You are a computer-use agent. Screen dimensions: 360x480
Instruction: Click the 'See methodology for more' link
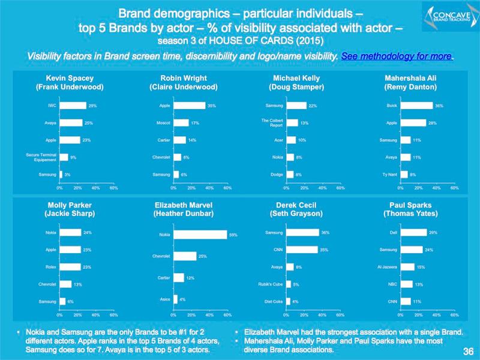pos(397,56)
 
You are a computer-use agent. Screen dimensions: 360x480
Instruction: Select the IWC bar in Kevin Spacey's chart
pos(73,106)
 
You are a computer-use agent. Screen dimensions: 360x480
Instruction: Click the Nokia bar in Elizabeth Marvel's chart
pos(200,235)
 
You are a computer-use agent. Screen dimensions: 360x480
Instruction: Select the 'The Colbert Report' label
pos(272,122)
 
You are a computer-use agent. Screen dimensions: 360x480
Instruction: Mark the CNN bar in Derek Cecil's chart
pos(302,250)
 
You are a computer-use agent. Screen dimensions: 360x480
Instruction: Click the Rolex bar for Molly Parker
pos(70,266)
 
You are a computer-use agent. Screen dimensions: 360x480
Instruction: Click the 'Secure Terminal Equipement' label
pos(40,157)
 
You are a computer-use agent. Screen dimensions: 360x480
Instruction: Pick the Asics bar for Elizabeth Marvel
pos(175,298)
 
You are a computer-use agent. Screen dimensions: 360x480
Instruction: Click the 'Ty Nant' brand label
pos(389,175)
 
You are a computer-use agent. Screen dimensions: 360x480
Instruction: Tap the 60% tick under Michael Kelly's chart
pos(340,187)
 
